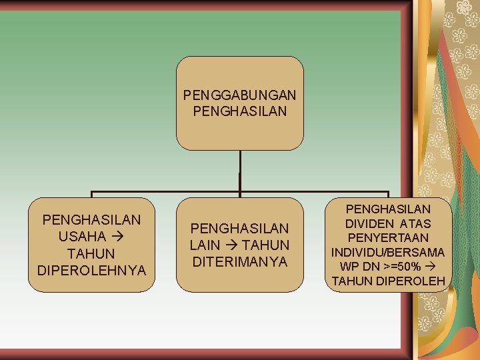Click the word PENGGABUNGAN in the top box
(240, 95)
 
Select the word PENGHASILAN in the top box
(240, 111)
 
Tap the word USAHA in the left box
(82, 237)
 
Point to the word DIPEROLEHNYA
(91, 271)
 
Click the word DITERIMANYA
(240, 262)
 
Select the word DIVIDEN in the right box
(369, 223)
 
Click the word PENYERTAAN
(389, 238)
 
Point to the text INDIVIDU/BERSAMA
(389, 253)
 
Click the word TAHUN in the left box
(91, 254)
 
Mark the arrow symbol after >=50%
(439, 267)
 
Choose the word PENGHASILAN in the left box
(91, 219)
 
